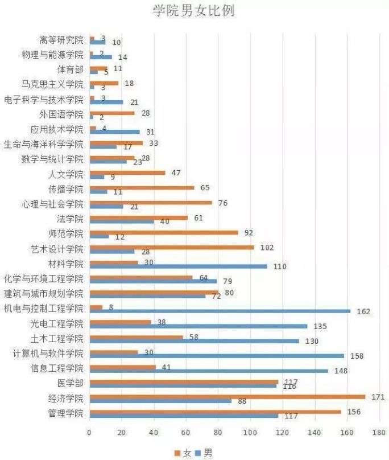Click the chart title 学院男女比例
coord(194,11)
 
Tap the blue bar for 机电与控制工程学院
coord(220,311)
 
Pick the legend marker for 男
coord(198,453)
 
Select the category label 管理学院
coord(67,413)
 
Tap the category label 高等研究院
coord(61,40)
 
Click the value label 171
coord(378,396)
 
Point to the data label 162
coord(363,312)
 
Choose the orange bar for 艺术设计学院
coord(172,247)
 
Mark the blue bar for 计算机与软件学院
coord(217,356)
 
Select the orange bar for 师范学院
coord(164,232)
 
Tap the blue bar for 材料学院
coord(179,266)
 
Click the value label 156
coord(353,412)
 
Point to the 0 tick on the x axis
coord(89,433)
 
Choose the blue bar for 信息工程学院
coord(209,371)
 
